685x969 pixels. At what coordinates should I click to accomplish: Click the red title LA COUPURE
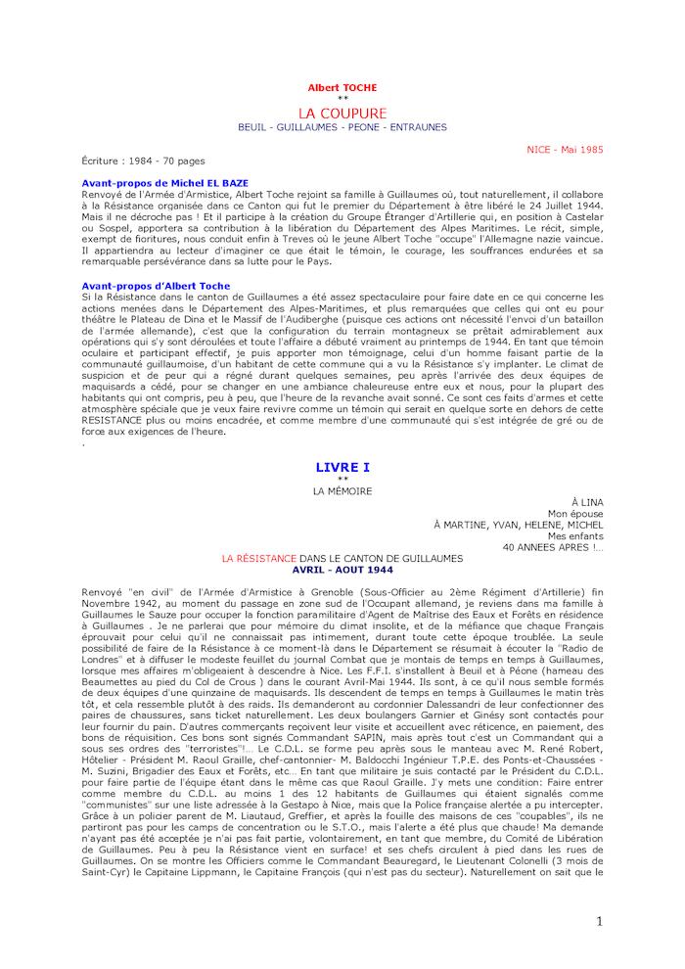[342, 113]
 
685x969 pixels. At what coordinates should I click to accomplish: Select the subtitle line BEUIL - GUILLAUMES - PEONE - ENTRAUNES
[342, 127]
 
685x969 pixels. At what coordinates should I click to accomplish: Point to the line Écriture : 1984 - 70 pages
[144, 161]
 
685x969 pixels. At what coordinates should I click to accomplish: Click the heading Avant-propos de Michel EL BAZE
[166, 182]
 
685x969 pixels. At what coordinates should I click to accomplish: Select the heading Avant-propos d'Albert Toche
[157, 286]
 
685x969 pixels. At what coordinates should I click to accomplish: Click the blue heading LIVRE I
[342, 468]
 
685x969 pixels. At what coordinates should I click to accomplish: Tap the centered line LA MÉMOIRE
[342, 490]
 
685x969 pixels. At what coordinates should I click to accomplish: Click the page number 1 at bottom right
[599, 922]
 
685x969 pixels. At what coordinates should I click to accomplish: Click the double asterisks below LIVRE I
[342, 479]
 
